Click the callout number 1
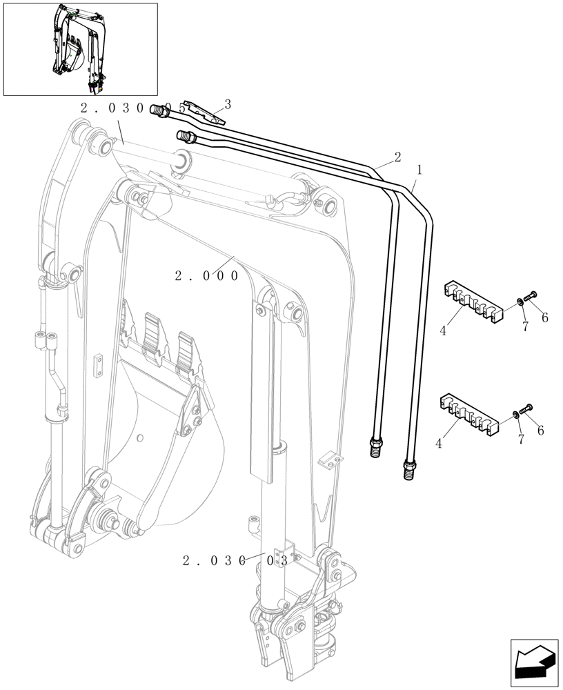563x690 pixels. (x=419, y=168)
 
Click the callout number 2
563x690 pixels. (x=397, y=157)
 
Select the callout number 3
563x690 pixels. (x=227, y=104)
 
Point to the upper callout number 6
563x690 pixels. (x=544, y=317)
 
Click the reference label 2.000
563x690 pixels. (x=206, y=276)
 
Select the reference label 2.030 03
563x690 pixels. (x=235, y=561)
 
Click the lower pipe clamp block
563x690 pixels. (x=470, y=417)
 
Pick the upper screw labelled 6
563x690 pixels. (x=531, y=296)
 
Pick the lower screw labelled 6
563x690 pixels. (x=529, y=409)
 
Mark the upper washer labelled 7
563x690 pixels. (x=518, y=302)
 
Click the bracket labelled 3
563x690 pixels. (x=204, y=111)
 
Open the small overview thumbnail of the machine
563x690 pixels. (x=80, y=48)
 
